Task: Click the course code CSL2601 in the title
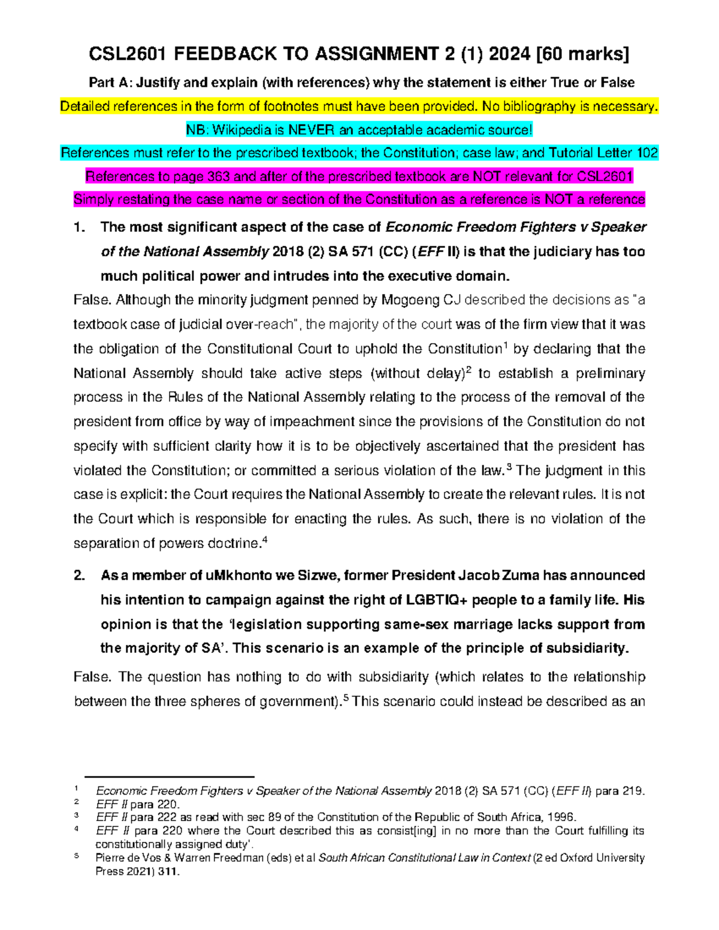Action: [x=128, y=54]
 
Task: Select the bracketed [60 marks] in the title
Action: [x=583, y=54]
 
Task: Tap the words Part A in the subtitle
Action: [x=110, y=83]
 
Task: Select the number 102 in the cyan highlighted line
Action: [x=645, y=153]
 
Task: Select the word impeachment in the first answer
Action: [x=312, y=422]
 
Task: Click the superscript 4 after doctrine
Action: [x=265, y=540]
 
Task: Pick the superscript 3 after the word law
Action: [x=509, y=467]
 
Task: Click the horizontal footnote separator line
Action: [x=170, y=776]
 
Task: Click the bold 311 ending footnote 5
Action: [x=167, y=871]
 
